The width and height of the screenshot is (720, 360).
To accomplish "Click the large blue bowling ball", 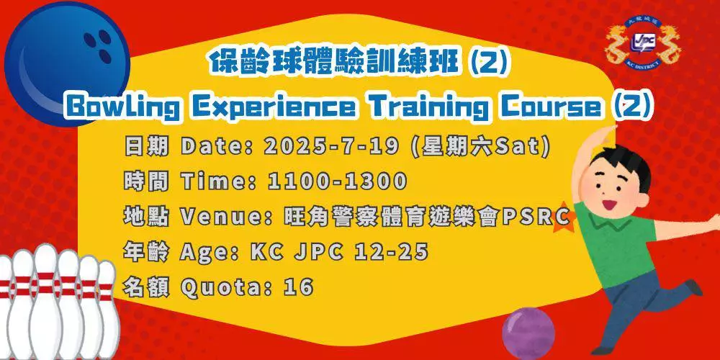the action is pos(66,63).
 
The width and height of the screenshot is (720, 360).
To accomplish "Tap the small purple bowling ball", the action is pos(528,333).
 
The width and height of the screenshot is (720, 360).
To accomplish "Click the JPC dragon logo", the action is pos(643,42).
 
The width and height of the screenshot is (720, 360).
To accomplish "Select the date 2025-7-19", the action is pos(331,147).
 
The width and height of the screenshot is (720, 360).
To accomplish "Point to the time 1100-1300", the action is pos(338,181).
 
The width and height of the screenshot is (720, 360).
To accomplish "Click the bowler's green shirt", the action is pos(616,243).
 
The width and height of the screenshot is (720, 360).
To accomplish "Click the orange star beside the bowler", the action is pos(564,217).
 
